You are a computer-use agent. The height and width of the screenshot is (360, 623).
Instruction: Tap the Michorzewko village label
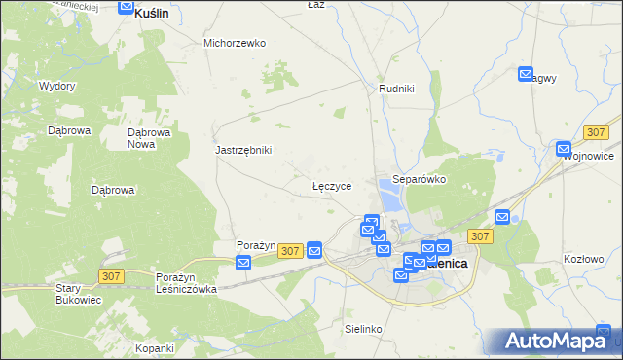[x=235, y=43]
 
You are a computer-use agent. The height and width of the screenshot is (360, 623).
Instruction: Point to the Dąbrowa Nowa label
[x=150, y=138]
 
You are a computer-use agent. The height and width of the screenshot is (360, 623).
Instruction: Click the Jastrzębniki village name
[x=243, y=150]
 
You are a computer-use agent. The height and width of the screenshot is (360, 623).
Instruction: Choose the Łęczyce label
[x=332, y=185]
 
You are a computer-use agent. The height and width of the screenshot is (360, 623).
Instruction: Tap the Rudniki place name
[x=396, y=90]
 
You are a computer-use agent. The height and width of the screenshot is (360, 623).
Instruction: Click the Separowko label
[x=419, y=180]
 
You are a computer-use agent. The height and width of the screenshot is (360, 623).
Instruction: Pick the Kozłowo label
[x=584, y=260]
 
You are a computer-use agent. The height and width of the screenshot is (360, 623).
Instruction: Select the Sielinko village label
[x=364, y=330]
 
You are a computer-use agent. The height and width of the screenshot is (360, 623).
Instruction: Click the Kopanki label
[x=155, y=348]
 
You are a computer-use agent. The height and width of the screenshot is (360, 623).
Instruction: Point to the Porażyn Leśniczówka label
[x=186, y=283]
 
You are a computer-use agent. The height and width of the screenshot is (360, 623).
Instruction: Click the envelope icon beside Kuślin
[x=126, y=7]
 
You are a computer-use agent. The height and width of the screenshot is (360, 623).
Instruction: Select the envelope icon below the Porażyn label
[x=243, y=262]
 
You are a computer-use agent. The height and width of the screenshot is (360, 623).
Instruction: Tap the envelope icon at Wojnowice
[x=564, y=149]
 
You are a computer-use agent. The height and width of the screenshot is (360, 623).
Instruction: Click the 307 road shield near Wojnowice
[x=597, y=131]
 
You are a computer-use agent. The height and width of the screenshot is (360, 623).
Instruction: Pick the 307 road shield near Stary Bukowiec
[x=110, y=277]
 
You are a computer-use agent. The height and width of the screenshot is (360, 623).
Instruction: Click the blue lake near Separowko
[x=390, y=200]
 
